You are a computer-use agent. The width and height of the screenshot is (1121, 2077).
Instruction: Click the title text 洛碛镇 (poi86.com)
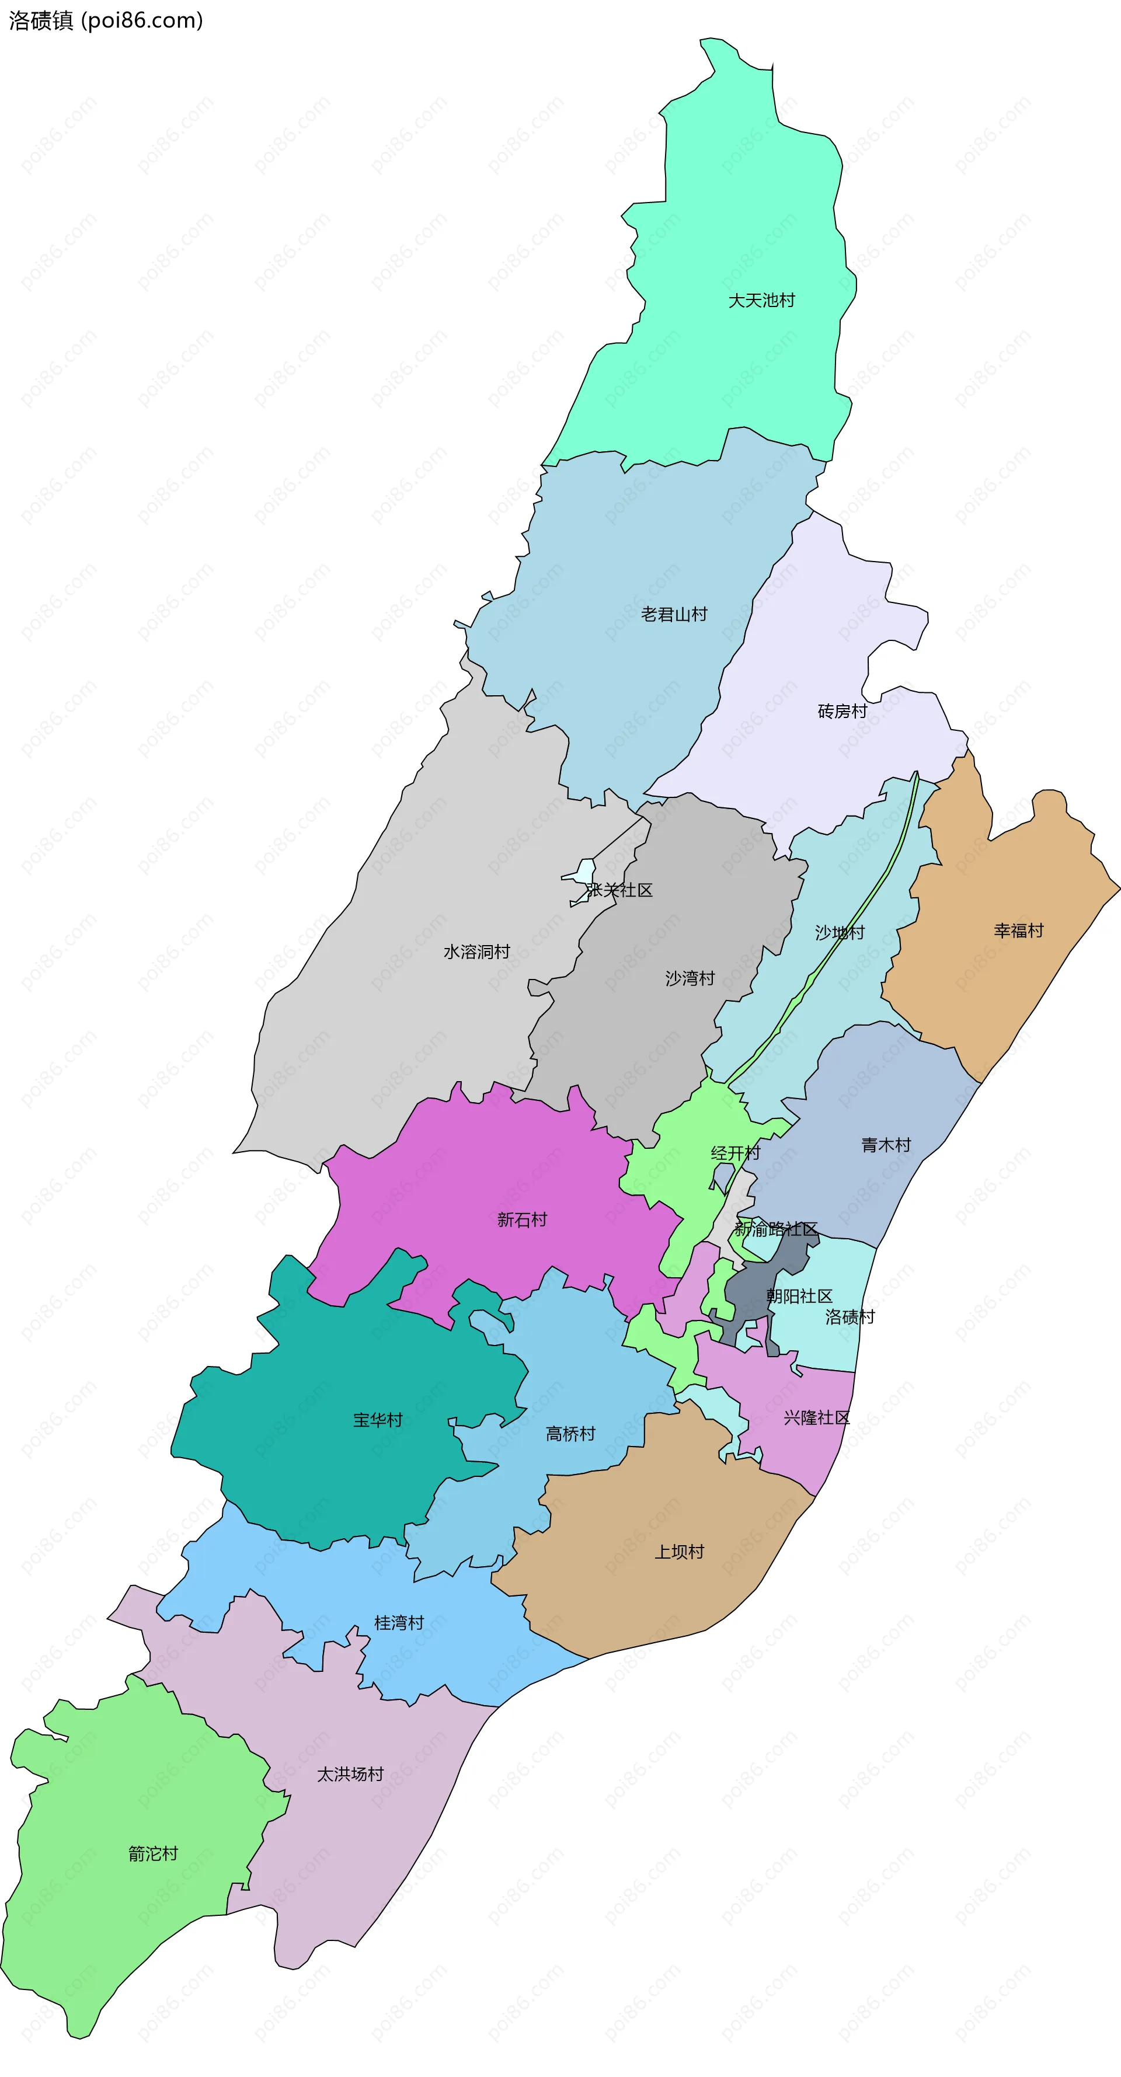pyautogui.click(x=106, y=20)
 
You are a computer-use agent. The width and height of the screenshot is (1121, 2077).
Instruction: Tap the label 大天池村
pyautogui.click(x=761, y=301)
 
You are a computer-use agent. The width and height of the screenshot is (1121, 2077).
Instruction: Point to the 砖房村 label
pyautogui.click(x=842, y=711)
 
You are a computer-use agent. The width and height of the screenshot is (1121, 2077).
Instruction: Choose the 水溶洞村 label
pyautogui.click(x=476, y=952)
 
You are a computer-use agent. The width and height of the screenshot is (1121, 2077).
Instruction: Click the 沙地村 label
pyautogui.click(x=839, y=933)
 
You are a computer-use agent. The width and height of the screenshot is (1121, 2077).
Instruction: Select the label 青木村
pyautogui.click(x=886, y=1145)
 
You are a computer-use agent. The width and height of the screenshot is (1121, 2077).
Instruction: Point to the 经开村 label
pyautogui.click(x=734, y=1153)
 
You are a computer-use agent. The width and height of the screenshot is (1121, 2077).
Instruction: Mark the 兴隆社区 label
pyautogui.click(x=816, y=1417)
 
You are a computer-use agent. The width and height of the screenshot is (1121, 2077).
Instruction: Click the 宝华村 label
pyautogui.click(x=377, y=1420)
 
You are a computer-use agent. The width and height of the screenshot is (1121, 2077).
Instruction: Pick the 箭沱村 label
pyautogui.click(x=152, y=1853)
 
